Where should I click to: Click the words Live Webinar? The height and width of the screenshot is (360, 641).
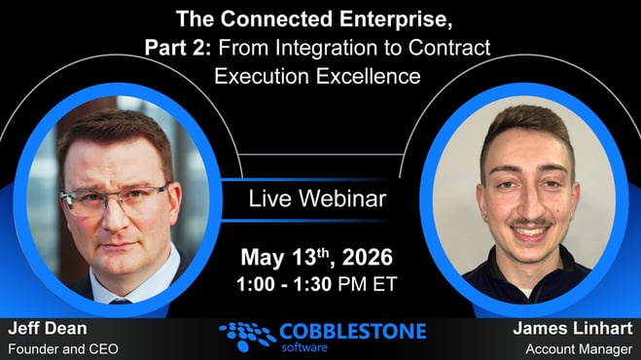click(x=317, y=199)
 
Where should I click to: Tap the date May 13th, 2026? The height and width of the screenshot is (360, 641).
click(x=316, y=258)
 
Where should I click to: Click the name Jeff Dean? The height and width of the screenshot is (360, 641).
click(x=47, y=329)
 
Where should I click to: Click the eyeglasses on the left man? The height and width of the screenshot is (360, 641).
click(x=118, y=198)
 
